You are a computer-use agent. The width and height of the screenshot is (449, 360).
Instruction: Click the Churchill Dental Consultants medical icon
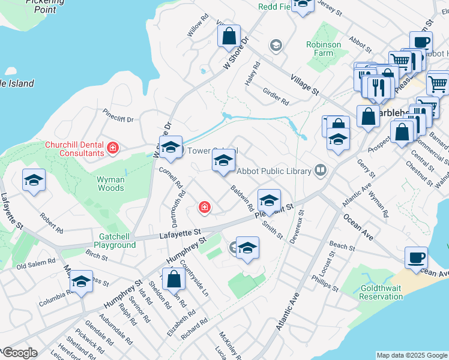112,147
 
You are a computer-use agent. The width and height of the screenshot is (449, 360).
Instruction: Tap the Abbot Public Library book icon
321,172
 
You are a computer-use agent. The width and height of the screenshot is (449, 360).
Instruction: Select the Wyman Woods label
111,184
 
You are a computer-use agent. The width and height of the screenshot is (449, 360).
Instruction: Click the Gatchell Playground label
114,241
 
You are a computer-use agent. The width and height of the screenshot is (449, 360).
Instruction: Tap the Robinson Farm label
324,49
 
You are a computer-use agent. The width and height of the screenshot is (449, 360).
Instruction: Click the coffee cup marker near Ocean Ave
416,259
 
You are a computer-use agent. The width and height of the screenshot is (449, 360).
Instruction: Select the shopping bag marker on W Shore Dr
229,37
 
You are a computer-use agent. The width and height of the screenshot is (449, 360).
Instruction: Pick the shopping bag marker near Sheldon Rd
173,279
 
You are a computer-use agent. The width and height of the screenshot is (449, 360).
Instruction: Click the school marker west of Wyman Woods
34,180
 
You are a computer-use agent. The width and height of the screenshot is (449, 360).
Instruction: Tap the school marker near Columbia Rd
81,281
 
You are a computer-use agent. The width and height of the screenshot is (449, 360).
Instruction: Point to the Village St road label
304,84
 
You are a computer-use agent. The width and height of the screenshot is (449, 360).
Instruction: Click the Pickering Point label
45,6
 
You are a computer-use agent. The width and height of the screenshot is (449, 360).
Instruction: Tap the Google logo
19,353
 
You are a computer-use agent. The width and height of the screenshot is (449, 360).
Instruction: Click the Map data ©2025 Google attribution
412,355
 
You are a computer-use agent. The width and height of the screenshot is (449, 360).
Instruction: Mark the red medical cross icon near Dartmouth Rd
205,208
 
